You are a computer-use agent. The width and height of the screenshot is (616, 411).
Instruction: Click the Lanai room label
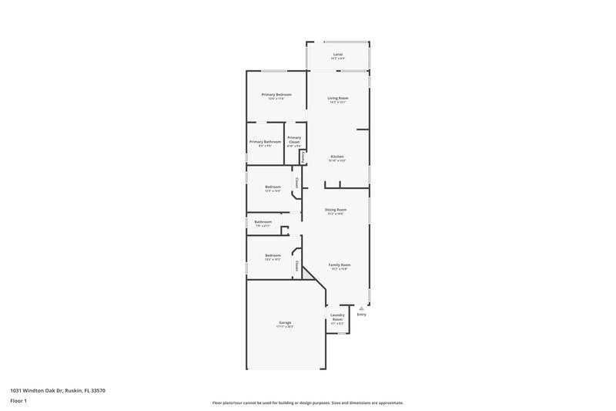click(x=338, y=54)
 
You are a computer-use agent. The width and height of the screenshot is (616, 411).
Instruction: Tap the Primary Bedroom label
click(x=276, y=94)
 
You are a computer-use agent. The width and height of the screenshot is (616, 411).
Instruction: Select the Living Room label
click(x=338, y=98)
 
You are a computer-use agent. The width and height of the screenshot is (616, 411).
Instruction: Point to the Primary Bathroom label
click(x=265, y=142)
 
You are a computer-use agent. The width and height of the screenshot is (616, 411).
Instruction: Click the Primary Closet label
click(x=294, y=140)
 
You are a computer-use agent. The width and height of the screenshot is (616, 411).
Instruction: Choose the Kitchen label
click(x=338, y=157)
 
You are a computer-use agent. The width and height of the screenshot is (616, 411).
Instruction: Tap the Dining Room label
click(x=336, y=210)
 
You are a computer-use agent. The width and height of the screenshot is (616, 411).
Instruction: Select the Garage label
click(x=285, y=322)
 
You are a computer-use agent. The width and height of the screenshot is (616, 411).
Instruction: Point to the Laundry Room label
click(x=337, y=317)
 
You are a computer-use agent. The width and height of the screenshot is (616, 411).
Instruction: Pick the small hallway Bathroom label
click(x=263, y=222)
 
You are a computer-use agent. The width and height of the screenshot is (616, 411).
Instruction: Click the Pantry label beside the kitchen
click(x=303, y=157)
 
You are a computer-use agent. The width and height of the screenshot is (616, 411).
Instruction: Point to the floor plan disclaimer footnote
click(x=308, y=403)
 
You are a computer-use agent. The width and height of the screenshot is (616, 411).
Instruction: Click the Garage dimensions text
click(x=285, y=327)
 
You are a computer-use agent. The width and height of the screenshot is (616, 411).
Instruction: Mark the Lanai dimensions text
click(x=338, y=59)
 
